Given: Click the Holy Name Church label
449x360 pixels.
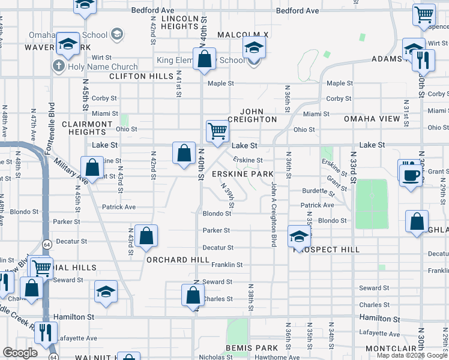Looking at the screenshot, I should tap(103, 67).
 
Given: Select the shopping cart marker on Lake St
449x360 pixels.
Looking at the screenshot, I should tap(217, 130).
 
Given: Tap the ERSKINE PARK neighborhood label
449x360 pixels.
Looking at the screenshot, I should tap(243, 173).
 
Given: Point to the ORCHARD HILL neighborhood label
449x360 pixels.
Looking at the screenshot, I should tap(178, 260).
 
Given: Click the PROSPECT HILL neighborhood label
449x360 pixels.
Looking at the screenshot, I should tap(328, 250).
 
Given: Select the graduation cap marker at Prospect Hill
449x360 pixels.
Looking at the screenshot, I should tap(298, 236).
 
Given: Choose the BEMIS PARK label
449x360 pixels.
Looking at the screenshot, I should tap(252, 348).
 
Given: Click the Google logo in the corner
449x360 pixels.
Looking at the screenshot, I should tap(20, 353).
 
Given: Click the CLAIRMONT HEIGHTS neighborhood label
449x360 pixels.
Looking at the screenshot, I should tap(87, 128).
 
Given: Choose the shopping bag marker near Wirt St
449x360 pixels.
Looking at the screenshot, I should tap(205, 59).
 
